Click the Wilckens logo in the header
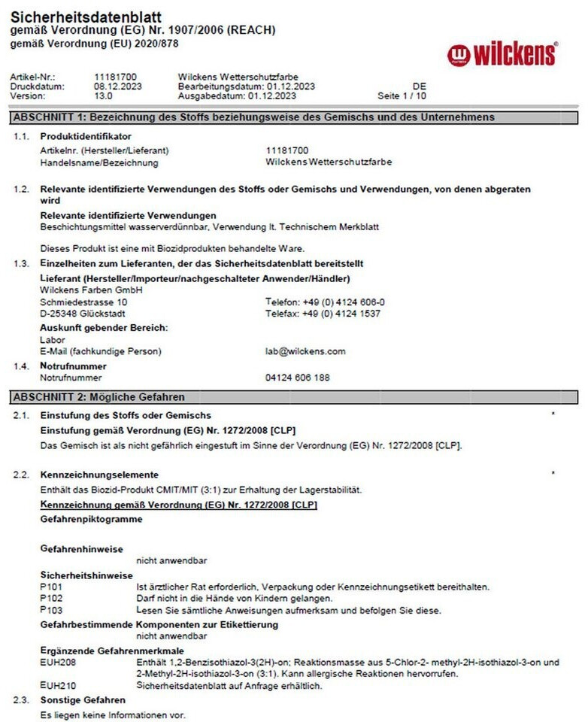pyautogui.click(x=502, y=54)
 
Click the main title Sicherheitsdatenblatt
pyautogui.click(x=86, y=17)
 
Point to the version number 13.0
pyautogui.click(x=104, y=96)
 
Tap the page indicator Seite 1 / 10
pyautogui.click(x=402, y=96)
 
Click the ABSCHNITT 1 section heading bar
pyautogui.click(x=294, y=117)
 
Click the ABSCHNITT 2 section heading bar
pyautogui.click(x=294, y=396)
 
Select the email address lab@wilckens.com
pyautogui.click(x=305, y=351)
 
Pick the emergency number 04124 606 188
pyautogui.click(x=298, y=378)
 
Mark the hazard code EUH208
pyautogui.click(x=56, y=663)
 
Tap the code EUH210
pyautogui.click(x=56, y=686)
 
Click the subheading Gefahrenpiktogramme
pyautogui.click(x=91, y=519)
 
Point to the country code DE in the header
pyautogui.click(x=419, y=86)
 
